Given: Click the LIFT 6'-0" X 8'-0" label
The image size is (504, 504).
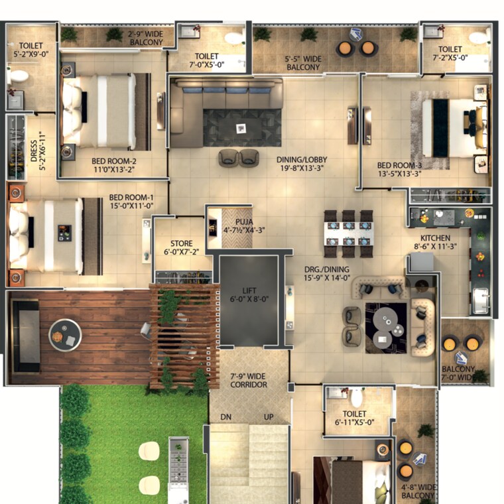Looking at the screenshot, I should (x=249, y=294).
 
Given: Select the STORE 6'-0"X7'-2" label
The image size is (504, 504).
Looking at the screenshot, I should (x=181, y=248).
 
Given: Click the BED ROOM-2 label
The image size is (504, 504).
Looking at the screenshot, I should (x=114, y=164).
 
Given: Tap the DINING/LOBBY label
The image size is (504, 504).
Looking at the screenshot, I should (x=302, y=164).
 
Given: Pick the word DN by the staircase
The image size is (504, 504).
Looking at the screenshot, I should (x=226, y=417).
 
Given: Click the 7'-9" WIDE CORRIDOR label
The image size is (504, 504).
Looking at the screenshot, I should (x=249, y=380).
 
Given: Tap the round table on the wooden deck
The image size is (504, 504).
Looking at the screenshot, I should (x=64, y=335).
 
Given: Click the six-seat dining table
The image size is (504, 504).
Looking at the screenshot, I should (x=348, y=233).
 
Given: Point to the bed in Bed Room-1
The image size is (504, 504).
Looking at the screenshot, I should (x=50, y=236).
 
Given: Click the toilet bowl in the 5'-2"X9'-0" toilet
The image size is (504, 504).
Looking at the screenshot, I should (x=19, y=76).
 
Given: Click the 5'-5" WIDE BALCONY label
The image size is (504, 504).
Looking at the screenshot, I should (x=303, y=63).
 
